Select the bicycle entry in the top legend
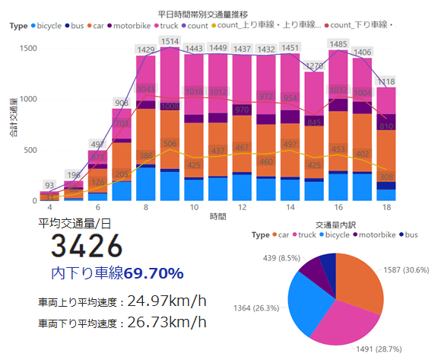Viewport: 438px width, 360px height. pos(49,26)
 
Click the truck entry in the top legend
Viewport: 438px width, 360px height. pos(167,26)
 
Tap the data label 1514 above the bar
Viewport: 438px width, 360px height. pos(170,40)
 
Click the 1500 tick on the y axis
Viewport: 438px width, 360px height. pos(26,49)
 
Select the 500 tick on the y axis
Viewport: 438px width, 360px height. pos(28,150)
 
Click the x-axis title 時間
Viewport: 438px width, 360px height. pos(217,218)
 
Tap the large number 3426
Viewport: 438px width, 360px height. pos(87,247)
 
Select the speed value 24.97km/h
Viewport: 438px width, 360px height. pos(167,300)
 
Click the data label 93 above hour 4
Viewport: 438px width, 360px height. pos(49,186)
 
